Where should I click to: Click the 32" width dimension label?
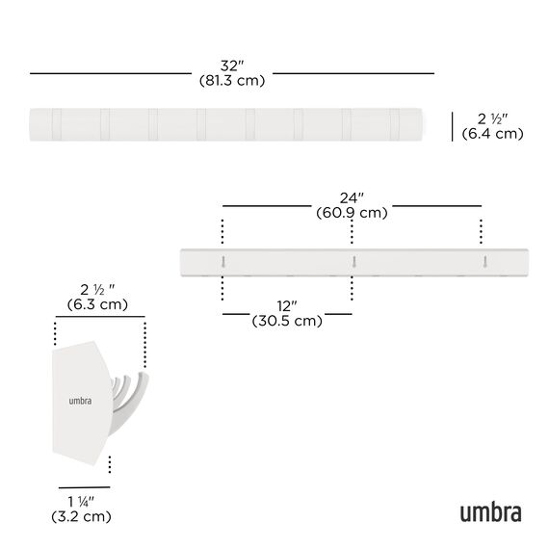pos(232,65)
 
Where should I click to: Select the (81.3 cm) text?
pos(232,81)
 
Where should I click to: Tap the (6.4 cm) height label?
pos(492,134)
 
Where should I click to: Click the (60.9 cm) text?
pos(352,213)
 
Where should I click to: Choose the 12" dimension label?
pos(286,306)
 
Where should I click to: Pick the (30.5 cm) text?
pos(286,322)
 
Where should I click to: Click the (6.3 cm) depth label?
pos(99,305)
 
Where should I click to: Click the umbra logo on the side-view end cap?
pos(80,402)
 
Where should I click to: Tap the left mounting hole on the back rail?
pos(222,261)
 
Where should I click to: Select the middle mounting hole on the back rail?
pos(353,261)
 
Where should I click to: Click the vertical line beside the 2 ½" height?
pos(453,125)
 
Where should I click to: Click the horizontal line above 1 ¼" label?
pos(84,487)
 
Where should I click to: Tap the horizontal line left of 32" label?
pos(110,73)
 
